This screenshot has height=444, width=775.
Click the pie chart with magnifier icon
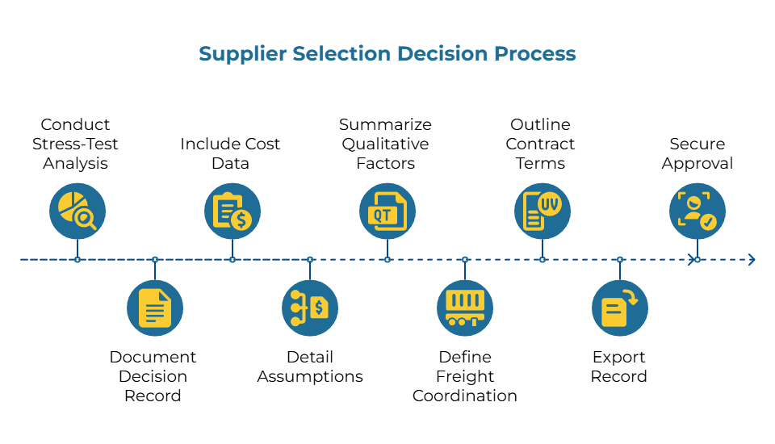pos(77,211)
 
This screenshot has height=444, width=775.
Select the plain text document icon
pos(155,308)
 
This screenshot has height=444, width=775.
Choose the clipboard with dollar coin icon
pos(232,211)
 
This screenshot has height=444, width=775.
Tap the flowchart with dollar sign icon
pos(310,308)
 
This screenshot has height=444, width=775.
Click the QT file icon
pos(387,211)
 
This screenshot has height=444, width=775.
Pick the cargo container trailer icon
pos(465,308)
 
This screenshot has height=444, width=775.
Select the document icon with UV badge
pos(542,211)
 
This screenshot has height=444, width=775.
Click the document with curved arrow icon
pos(620,308)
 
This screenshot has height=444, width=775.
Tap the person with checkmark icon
pos(697,211)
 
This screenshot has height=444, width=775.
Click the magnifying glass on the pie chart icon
pos(84,217)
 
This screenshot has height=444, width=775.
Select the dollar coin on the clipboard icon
pos(241,219)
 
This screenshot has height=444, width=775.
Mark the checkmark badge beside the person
pos(707,221)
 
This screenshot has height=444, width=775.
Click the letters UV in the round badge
pos(550,203)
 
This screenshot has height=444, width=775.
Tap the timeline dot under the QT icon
pos(387,259)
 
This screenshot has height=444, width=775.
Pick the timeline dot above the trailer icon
pos(465,259)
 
